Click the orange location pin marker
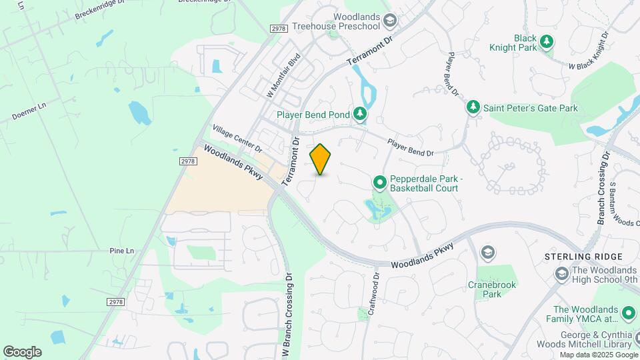321,159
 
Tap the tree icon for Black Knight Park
547,42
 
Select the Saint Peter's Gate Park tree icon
473,107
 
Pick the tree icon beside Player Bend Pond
360,115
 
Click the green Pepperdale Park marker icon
379,181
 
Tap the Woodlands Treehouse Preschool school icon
389,21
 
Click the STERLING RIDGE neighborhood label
584,257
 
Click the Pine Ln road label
121,251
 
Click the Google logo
22,351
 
